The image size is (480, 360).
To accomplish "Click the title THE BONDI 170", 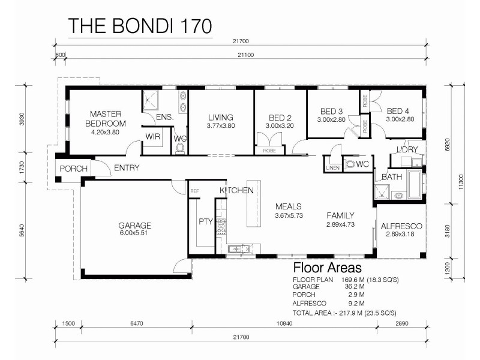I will [x=139, y=26].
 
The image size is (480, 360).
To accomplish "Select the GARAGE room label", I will [x=134, y=226].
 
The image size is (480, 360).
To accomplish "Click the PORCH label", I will [x=73, y=169].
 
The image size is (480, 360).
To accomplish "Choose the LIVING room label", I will [x=221, y=117].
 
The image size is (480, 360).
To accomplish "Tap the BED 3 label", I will [x=332, y=111].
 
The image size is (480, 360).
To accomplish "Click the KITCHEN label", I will [x=236, y=190].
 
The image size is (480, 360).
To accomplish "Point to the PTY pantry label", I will [x=206, y=221].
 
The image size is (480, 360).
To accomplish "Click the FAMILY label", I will [x=340, y=215].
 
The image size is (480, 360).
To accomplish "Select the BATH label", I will [x=391, y=177].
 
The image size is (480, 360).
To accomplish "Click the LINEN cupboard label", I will [x=332, y=168].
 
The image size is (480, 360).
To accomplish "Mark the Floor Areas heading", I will [x=327, y=268].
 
